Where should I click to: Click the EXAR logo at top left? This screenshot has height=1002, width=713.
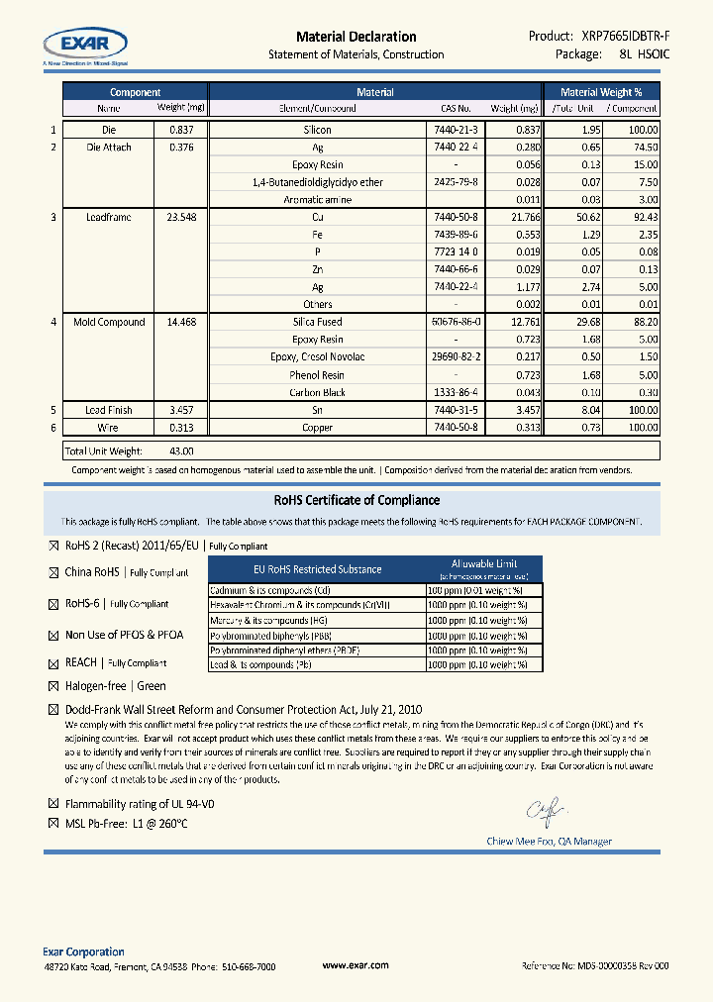coord(85,44)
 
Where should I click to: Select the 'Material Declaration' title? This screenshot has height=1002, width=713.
coord(356,37)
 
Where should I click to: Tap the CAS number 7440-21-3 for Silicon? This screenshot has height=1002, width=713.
coord(456,130)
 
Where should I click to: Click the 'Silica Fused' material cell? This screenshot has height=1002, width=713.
coord(318,322)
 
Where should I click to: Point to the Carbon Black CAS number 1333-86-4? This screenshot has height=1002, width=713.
coord(456,392)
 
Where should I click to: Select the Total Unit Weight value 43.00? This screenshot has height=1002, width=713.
coord(181,451)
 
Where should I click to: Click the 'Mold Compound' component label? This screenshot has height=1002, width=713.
coord(109,322)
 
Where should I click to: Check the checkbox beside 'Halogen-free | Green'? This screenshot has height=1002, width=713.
coord(53,686)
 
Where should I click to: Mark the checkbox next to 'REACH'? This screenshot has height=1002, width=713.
coord(53,662)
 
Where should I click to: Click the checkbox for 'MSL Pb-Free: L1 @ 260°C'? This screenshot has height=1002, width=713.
coord(53,824)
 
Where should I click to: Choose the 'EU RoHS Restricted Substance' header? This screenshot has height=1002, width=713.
coord(318,569)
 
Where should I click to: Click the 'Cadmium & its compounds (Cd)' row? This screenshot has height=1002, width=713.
coord(316,590)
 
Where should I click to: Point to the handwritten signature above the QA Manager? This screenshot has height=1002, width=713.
coord(546,812)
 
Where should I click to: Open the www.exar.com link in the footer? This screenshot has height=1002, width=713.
coord(356,965)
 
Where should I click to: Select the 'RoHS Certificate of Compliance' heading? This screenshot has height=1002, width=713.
coord(356,500)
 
